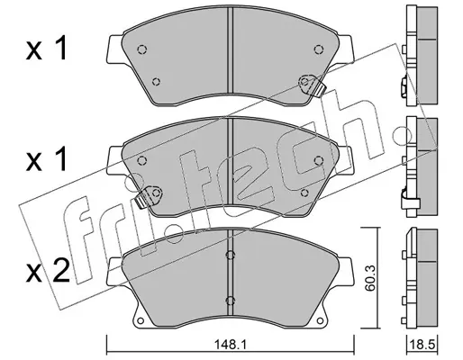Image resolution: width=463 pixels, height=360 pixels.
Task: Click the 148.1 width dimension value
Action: coord(230,345)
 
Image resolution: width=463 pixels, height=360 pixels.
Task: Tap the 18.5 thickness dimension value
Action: coord(422,345)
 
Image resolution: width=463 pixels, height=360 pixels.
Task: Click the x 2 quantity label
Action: coord(48,272)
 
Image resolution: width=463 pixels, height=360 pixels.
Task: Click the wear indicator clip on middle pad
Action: coord(149,196)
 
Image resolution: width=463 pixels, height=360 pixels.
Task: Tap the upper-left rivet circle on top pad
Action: coord(141,49)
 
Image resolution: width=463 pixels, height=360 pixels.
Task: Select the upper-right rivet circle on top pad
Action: coord(318,49)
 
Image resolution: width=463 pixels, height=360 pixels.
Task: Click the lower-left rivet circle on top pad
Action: coord(156,81)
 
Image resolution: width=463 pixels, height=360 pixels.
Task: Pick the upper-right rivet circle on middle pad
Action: coord(318,160)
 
